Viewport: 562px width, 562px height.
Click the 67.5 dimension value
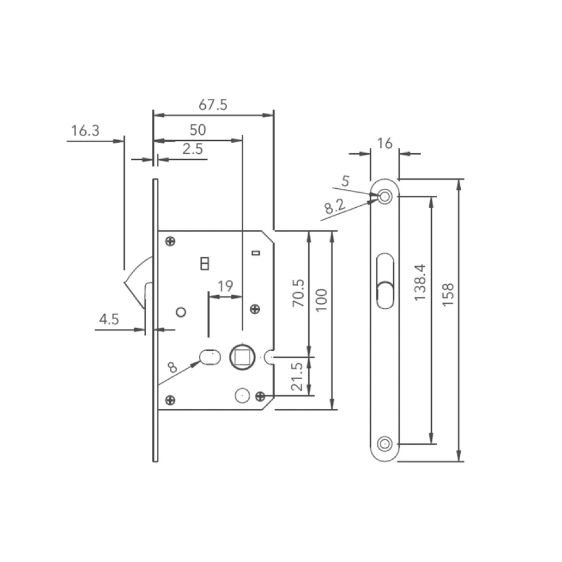(212, 105)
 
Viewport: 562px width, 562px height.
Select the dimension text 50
(198, 130)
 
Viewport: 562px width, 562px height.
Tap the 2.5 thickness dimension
(192, 149)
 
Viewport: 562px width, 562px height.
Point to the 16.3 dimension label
(85, 131)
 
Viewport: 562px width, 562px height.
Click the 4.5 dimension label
(109, 319)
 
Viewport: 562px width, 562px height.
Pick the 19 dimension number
(225, 286)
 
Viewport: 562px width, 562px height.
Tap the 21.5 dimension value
(298, 377)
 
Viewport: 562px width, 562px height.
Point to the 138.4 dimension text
(420, 282)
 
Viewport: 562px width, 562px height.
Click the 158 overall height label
(448, 295)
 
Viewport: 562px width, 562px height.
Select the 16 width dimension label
(385, 143)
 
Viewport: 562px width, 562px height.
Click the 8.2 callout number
(334, 207)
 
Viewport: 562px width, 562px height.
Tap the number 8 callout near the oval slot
(172, 367)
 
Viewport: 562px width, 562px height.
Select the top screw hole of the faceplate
(385, 196)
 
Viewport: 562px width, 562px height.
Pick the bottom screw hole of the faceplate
(385, 443)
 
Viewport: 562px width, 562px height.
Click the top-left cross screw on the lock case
(170, 241)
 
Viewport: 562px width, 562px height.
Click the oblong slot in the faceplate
(385, 281)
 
